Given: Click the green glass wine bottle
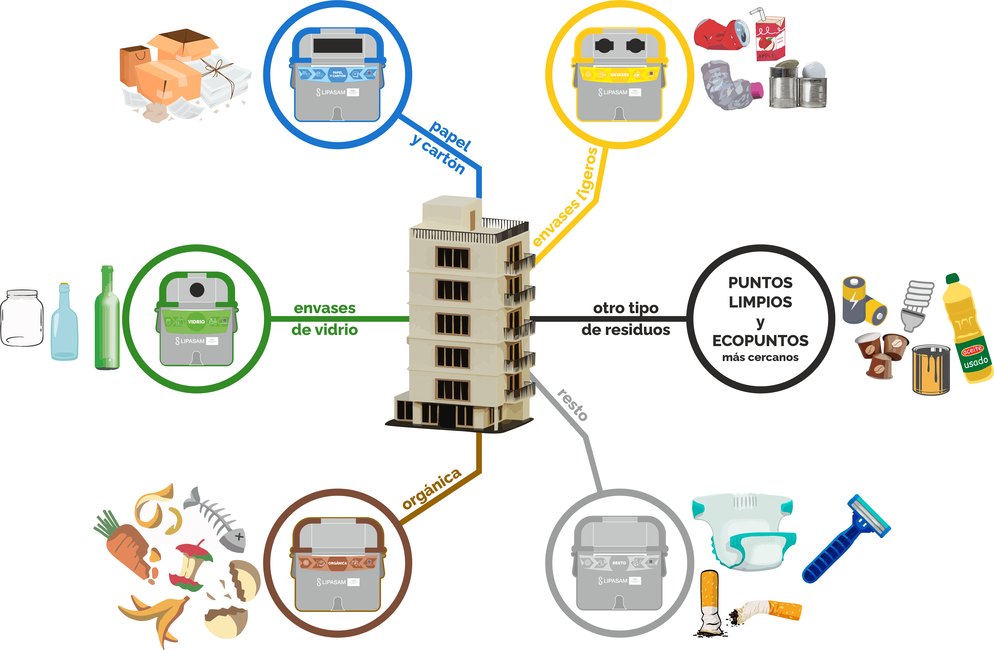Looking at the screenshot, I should (x=107, y=321).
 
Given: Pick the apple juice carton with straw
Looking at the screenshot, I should (x=770, y=38).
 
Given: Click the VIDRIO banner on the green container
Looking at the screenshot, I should (x=196, y=321).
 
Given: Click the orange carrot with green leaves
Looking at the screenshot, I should (x=125, y=543).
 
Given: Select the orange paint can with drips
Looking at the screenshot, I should (x=930, y=369).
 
